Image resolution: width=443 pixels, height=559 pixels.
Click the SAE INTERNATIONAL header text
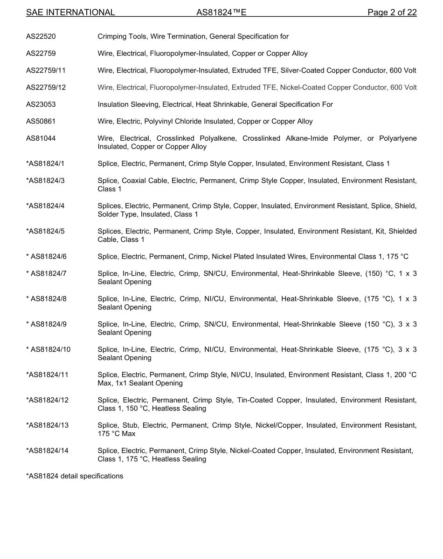pyautogui.click(x=70, y=13)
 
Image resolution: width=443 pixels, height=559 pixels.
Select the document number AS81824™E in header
pyautogui.click(x=221, y=13)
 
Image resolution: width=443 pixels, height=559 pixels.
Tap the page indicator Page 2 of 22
pyautogui.click(x=392, y=13)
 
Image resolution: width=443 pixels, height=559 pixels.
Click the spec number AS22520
pyautogui.click(x=41, y=36)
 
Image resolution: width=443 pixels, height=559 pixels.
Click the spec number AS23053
pyautogui.click(x=41, y=104)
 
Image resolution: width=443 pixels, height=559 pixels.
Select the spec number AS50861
pyautogui.click(x=41, y=122)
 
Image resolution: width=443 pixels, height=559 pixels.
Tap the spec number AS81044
pyautogui.click(x=41, y=139)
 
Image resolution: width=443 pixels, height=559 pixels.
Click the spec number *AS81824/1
pyautogui.click(x=45, y=164)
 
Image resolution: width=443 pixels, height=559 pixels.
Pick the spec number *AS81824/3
pyautogui.click(x=45, y=181)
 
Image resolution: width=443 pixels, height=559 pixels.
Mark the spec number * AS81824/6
pyautogui.click(x=46, y=257)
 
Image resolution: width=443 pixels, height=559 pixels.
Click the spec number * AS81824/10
pyautogui.click(x=48, y=349)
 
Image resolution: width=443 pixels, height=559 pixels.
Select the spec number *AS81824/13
pyautogui.click(x=47, y=425)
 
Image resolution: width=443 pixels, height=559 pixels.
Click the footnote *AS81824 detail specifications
pyautogui.click(x=75, y=476)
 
